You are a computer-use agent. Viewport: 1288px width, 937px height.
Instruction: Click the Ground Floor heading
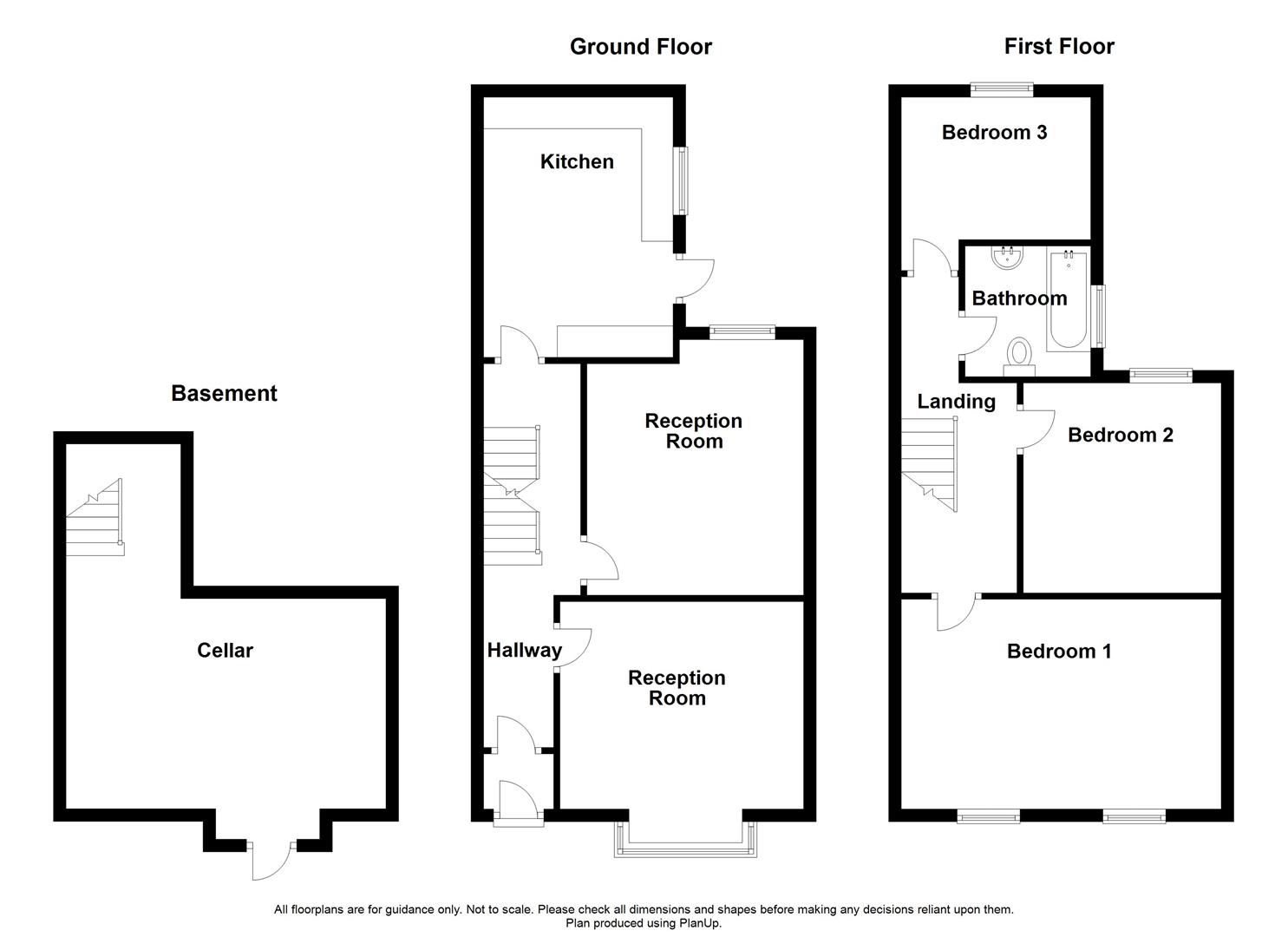click(640, 47)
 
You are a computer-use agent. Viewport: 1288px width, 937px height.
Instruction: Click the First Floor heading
click(1058, 46)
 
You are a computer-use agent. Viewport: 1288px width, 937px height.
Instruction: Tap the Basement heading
click(224, 393)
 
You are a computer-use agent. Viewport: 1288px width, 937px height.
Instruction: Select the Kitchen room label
click(577, 161)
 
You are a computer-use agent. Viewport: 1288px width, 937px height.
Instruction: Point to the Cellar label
click(225, 650)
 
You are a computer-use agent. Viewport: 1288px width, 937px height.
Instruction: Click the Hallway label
click(524, 650)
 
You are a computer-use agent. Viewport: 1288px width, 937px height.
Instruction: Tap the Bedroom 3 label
click(994, 132)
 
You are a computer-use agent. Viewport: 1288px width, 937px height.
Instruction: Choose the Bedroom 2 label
click(1120, 435)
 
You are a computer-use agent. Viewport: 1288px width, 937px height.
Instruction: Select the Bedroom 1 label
click(1058, 651)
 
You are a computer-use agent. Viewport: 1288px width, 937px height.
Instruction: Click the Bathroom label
click(1019, 298)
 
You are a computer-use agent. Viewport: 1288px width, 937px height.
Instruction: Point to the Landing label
click(956, 401)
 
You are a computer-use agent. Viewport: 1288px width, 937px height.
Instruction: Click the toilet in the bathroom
click(1019, 357)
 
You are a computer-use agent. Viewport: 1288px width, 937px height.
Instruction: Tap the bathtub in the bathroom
click(1067, 300)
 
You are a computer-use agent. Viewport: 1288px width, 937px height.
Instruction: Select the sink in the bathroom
click(1008, 256)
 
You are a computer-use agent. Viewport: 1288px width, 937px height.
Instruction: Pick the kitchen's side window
click(682, 180)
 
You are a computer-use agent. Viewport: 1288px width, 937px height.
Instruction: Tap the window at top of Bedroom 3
click(1002, 88)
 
